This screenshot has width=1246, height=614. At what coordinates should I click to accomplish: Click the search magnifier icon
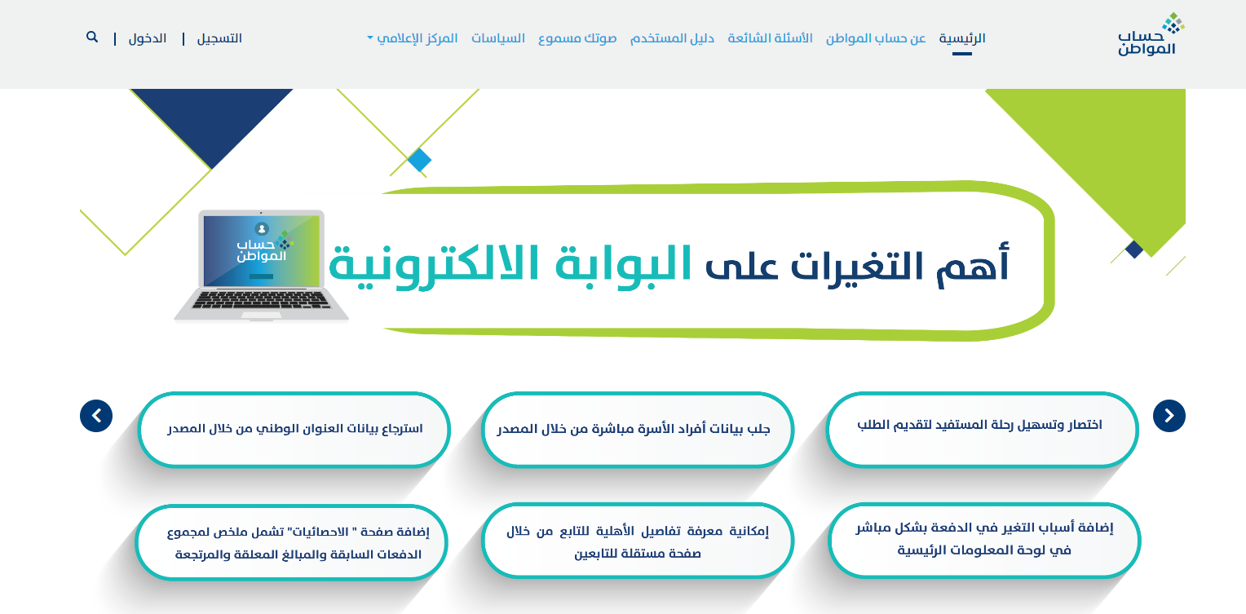tap(92, 38)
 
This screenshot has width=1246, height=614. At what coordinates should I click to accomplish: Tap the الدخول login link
tap(148, 38)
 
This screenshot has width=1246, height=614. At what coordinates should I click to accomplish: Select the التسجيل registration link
tap(219, 38)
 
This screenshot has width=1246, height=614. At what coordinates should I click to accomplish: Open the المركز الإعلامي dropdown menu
tap(412, 38)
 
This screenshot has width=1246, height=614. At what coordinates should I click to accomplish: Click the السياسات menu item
tap(498, 38)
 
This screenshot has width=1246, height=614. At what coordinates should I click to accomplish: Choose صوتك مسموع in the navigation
tap(577, 38)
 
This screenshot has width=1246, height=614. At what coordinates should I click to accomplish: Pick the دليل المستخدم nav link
tap(672, 38)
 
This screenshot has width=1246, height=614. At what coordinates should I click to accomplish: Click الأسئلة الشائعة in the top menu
tap(770, 38)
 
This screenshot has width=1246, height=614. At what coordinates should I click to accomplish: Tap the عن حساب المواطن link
tap(876, 38)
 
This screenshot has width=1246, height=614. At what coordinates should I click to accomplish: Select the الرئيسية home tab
tap(962, 38)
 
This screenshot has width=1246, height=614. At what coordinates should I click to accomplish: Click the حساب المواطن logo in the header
tap(1150, 34)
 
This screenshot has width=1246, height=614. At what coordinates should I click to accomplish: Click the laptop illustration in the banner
tap(261, 265)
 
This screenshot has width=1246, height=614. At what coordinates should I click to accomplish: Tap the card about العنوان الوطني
tap(294, 430)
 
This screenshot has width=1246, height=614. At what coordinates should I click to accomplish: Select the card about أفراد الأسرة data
tap(638, 430)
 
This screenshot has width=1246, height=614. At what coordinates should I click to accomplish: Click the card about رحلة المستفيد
tap(982, 430)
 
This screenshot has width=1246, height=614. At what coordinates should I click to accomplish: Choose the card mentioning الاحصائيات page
tap(292, 542)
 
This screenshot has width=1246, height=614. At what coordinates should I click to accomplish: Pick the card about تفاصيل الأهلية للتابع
tap(638, 541)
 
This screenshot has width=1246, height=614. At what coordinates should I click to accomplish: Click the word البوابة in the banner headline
tap(624, 263)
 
